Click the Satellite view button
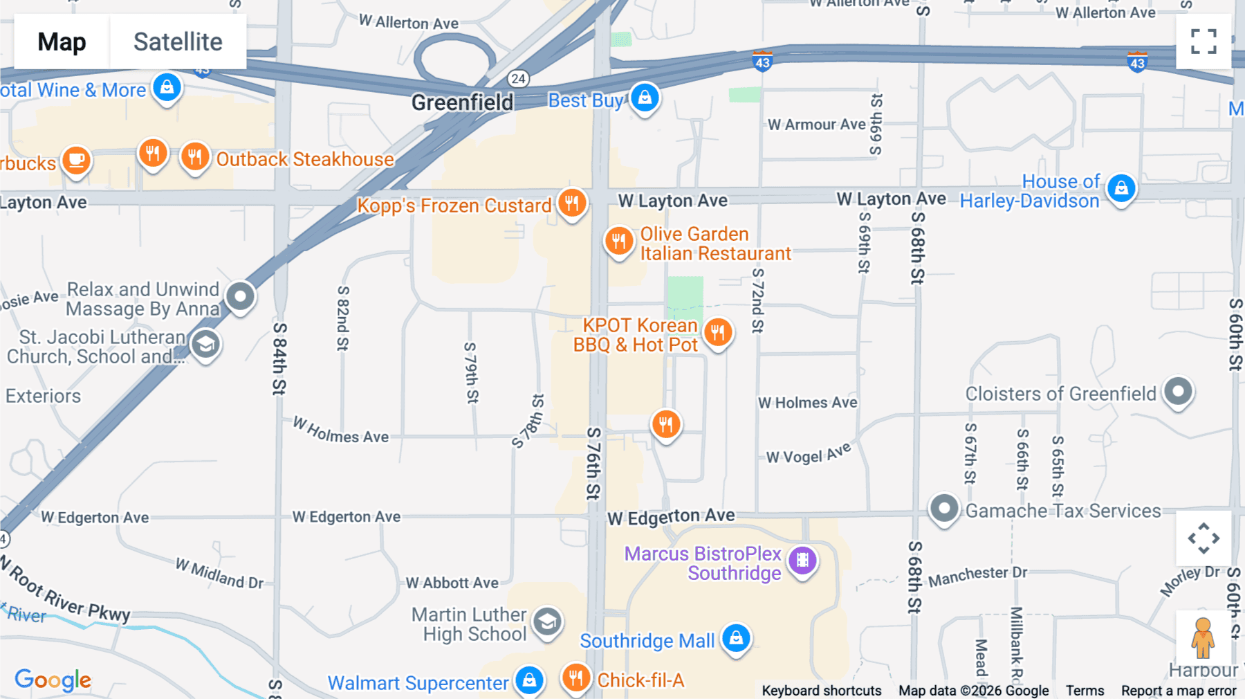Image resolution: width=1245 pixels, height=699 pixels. [x=178, y=42]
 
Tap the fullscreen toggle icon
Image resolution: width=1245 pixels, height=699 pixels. [x=1203, y=42]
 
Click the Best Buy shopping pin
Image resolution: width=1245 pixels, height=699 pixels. [x=645, y=98]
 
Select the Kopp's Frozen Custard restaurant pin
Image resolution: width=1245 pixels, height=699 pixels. [x=572, y=203]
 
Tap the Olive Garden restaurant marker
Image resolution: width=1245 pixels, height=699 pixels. [x=618, y=242]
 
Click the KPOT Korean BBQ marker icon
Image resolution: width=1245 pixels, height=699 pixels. [x=718, y=333]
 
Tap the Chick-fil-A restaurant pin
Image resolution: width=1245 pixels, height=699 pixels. [x=575, y=678]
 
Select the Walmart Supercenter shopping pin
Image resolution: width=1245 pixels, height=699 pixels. [x=529, y=680]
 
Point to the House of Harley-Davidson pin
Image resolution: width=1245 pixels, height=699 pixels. [x=1121, y=188]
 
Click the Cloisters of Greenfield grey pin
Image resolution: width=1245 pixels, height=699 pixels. [x=1178, y=392]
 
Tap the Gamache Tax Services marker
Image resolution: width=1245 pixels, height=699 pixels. [x=943, y=509]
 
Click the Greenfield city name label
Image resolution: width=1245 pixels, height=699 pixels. [x=462, y=102]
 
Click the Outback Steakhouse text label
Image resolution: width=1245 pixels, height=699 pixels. [x=305, y=159]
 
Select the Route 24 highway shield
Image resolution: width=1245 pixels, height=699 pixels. [x=518, y=78]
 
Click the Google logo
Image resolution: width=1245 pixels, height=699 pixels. [x=53, y=680]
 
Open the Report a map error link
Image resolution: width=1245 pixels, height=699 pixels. [x=1179, y=691]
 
